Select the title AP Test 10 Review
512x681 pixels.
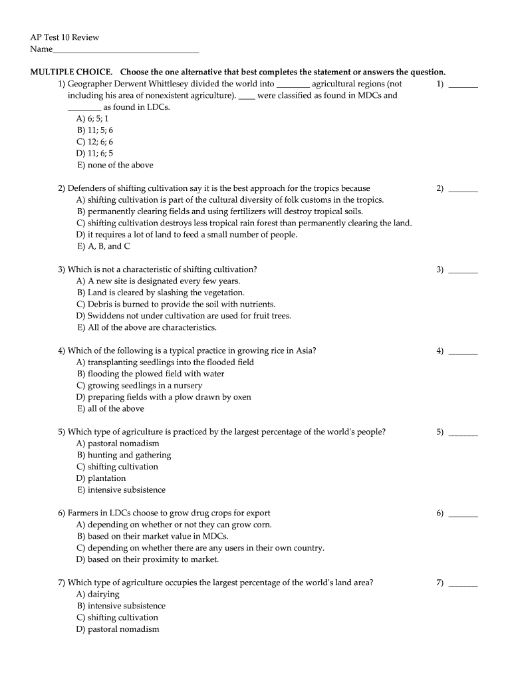point(64,37)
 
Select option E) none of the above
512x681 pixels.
point(115,165)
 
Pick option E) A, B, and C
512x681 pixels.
point(103,246)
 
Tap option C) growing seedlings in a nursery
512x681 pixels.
point(140,386)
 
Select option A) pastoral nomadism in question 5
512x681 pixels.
point(118,444)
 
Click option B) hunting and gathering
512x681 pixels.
point(124,455)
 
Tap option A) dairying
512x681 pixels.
point(98,594)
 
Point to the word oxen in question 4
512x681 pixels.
point(242,397)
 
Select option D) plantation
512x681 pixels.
point(101,478)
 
